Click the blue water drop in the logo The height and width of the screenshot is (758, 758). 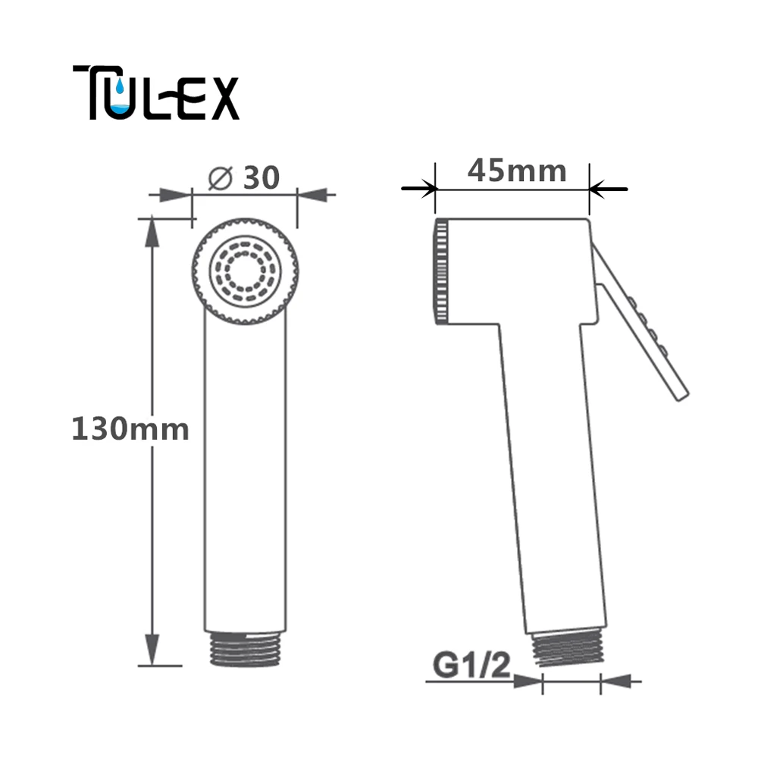click(120, 86)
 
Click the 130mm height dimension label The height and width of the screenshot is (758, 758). click(130, 429)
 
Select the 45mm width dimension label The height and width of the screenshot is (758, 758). click(517, 171)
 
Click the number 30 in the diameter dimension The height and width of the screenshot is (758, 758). click(261, 177)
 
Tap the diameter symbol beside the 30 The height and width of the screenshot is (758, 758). click(221, 178)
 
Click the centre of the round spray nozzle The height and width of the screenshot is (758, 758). click(245, 271)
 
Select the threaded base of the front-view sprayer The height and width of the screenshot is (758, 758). click(245, 650)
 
